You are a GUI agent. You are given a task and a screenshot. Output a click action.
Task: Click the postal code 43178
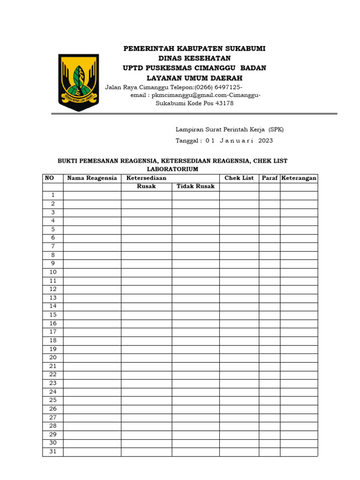[x=223, y=103]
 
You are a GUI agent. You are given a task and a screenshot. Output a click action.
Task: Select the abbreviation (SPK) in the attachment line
[x=275, y=129]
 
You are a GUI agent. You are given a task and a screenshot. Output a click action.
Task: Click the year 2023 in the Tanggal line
[x=265, y=141]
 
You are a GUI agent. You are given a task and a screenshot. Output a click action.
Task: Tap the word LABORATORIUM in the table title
[x=172, y=169]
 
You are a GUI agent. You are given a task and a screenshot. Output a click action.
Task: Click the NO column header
[x=49, y=178]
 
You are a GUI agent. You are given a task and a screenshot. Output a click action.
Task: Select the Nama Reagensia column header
[x=92, y=178]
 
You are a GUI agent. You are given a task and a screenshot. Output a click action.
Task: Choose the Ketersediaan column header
[x=146, y=178]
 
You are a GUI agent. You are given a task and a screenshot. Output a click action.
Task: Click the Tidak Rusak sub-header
[x=195, y=187]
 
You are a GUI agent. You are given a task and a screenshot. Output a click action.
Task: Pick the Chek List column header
[x=239, y=178]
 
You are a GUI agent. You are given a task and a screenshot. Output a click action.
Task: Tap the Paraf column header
[x=270, y=178]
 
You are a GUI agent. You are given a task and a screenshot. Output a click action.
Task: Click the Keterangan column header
[x=299, y=178]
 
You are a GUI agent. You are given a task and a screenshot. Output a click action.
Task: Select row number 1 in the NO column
[x=53, y=195]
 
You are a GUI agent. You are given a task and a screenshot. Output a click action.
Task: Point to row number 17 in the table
[x=53, y=332]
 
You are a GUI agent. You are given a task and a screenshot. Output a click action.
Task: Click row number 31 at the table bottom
[x=53, y=451]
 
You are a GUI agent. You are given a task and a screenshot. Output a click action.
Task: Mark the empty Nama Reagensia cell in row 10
[x=92, y=272]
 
